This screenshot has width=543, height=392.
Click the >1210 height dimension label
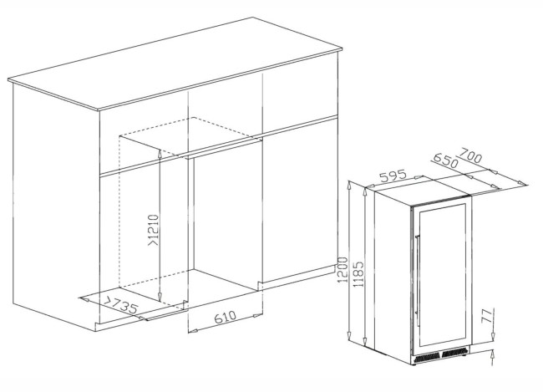point(154,231)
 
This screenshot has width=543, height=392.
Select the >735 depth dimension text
point(121,305)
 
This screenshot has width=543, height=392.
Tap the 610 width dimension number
point(225,317)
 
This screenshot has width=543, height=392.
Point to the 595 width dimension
point(393,176)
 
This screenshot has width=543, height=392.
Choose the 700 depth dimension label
point(470,155)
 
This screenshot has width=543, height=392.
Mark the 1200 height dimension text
point(343,270)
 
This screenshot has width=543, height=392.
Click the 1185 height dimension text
point(358,274)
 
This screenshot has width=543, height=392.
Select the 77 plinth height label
point(486,315)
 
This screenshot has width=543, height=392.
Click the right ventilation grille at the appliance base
point(454,353)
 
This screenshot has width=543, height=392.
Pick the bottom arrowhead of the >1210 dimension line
point(160,297)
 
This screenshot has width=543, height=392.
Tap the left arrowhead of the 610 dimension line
point(192,331)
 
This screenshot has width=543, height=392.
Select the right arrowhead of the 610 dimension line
point(258,315)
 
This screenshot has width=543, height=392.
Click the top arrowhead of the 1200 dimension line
point(350,186)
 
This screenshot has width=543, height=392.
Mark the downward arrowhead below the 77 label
point(493,334)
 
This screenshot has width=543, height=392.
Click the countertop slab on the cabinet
point(175,65)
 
